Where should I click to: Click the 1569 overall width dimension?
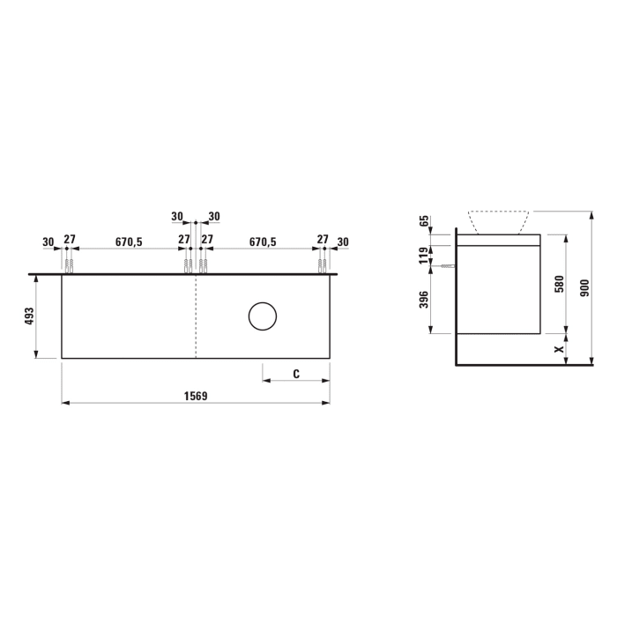[196, 396]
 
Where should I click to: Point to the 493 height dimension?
[29, 316]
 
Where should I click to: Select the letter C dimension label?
[296, 374]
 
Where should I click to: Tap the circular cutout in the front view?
[263, 316]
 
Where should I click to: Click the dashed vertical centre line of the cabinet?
[196, 316]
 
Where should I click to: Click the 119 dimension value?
[424, 256]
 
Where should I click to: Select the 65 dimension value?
[424, 220]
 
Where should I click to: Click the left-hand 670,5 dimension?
[128, 241]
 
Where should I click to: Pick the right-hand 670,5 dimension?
[263, 241]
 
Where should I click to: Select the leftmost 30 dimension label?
[48, 241]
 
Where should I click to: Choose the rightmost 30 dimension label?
[343, 241]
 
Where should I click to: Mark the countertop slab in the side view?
[498, 240]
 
